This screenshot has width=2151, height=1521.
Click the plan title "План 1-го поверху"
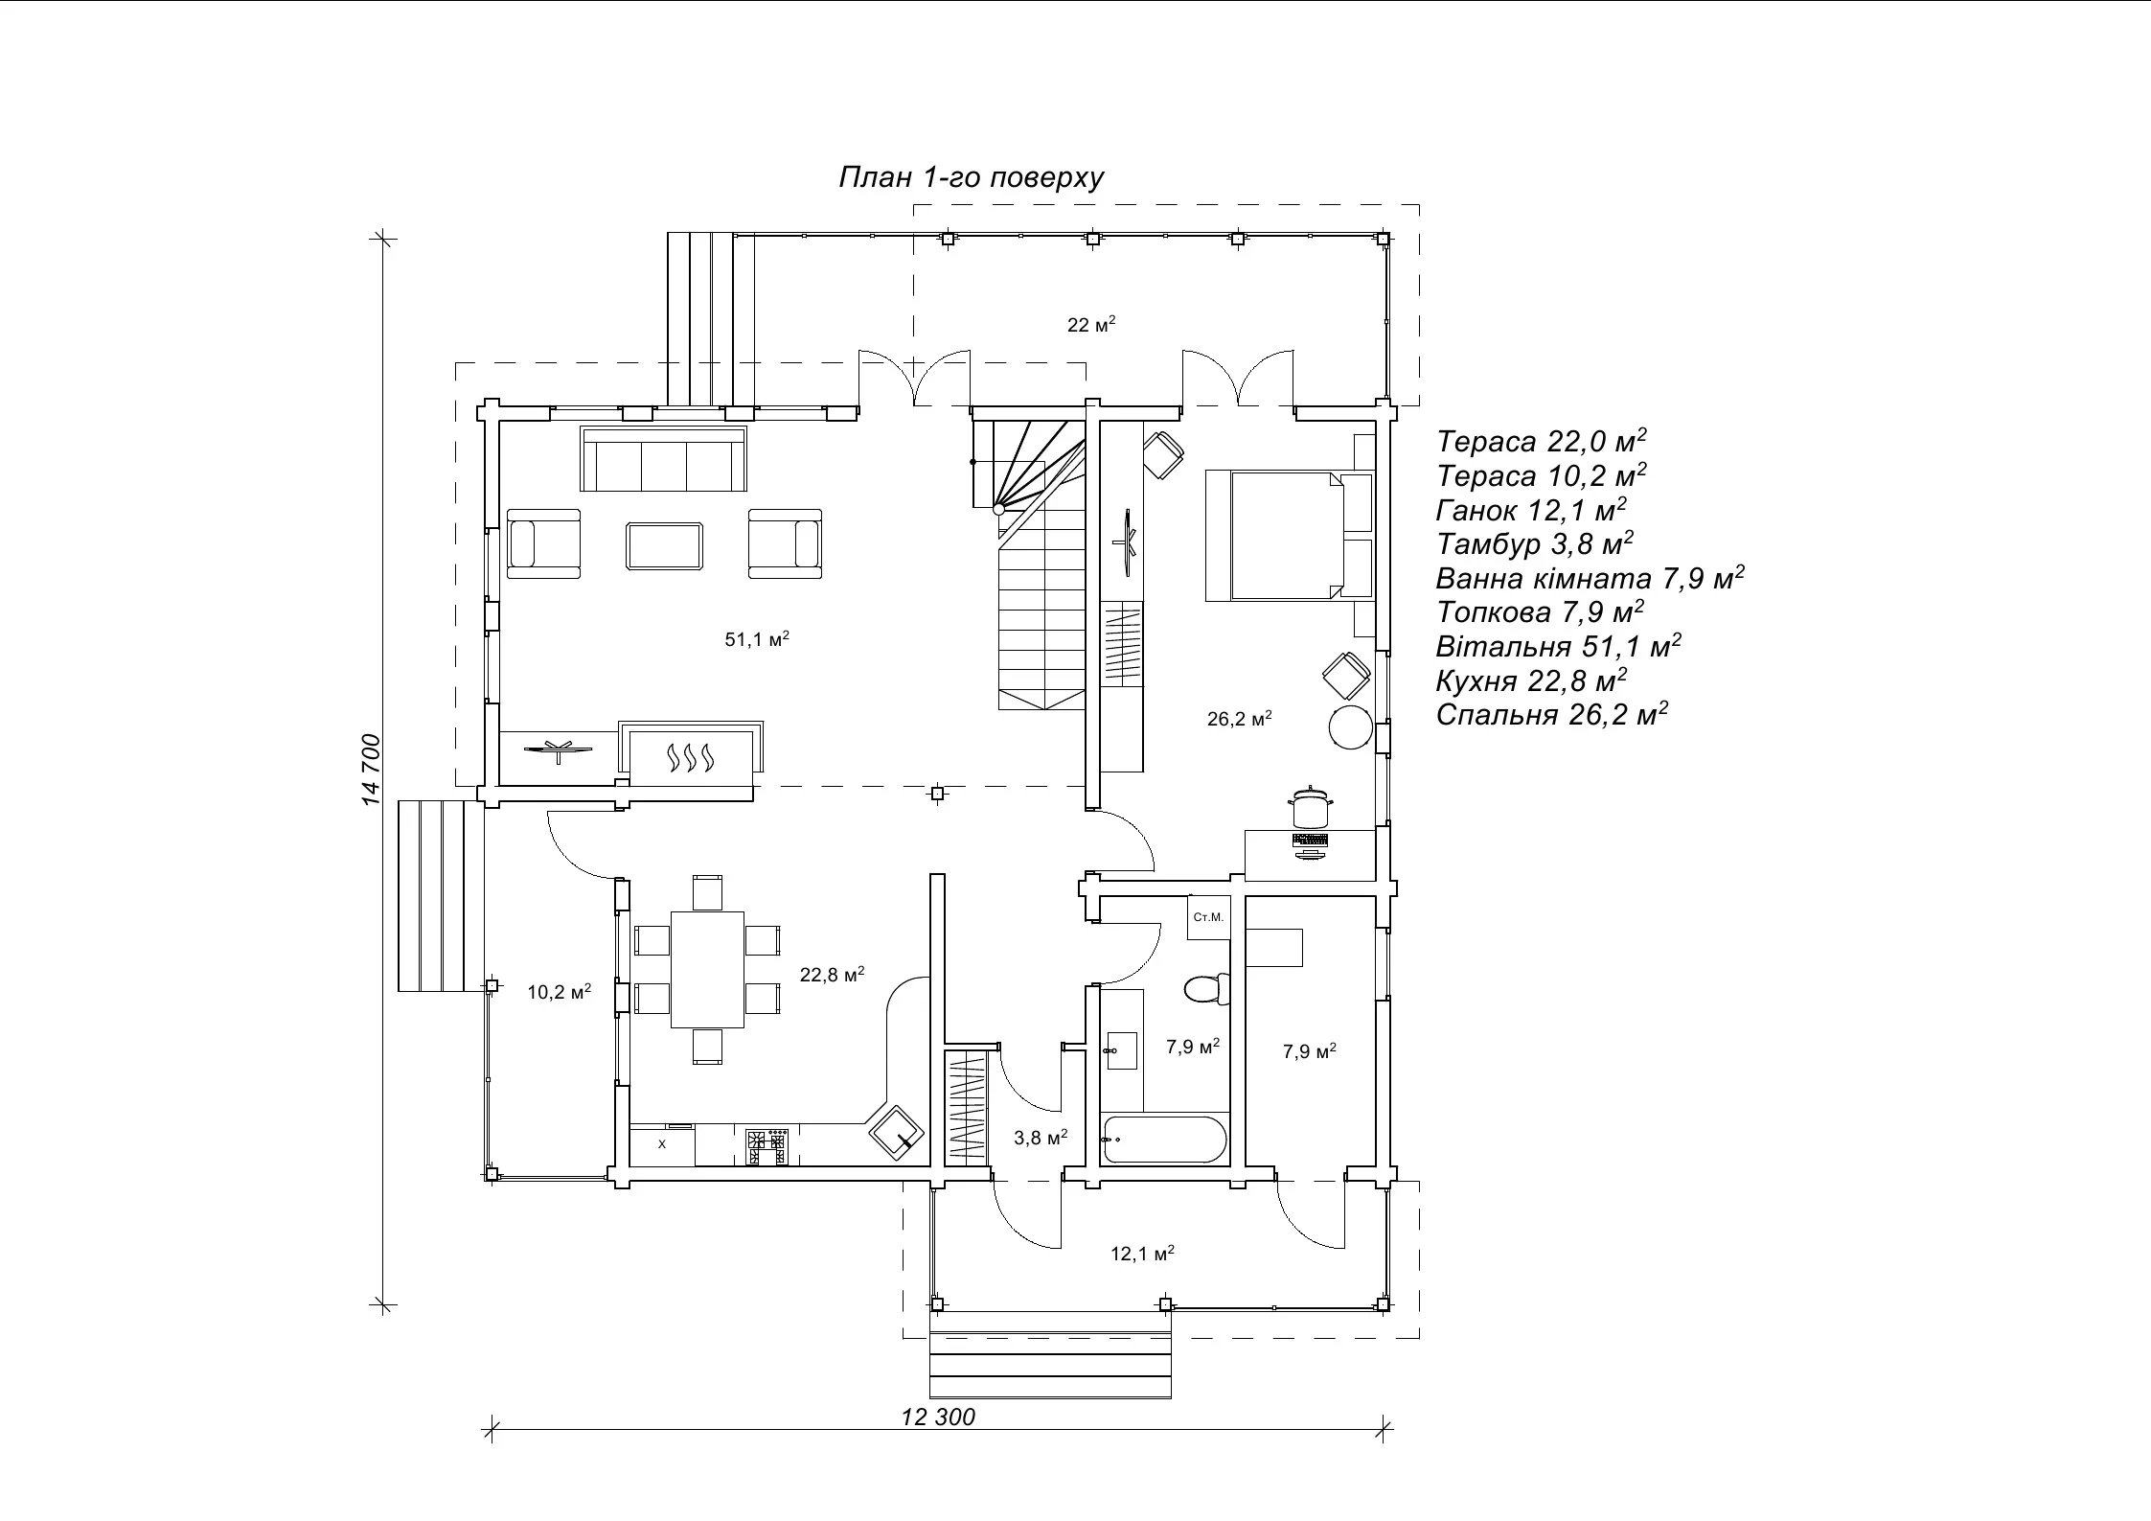[x=972, y=178]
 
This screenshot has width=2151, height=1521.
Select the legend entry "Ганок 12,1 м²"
[x=1531, y=510]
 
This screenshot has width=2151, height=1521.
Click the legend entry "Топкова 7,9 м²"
[x=1540, y=611]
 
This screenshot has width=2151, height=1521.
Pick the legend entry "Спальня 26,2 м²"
[x=1552, y=715]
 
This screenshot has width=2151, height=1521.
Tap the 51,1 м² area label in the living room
[x=757, y=639]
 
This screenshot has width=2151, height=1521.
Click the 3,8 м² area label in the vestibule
[x=1041, y=1138]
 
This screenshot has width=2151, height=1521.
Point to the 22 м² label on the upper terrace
[x=1091, y=325]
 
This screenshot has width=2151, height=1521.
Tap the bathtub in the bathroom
[x=1163, y=1140]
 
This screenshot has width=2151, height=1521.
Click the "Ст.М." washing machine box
[x=1208, y=917]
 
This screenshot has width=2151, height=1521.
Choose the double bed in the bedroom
[x=1289, y=535]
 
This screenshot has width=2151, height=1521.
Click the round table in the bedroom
[x=1351, y=726]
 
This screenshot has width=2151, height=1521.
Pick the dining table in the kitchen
[x=708, y=969]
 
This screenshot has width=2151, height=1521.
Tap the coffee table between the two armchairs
[x=665, y=545]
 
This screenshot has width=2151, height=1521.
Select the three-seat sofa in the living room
[x=664, y=460]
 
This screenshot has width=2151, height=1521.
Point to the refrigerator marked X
[x=662, y=1144]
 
